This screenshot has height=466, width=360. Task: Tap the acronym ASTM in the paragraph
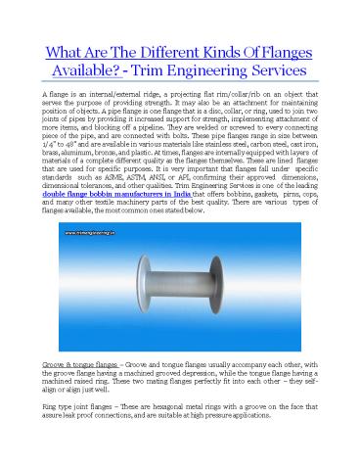coord(156,182)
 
